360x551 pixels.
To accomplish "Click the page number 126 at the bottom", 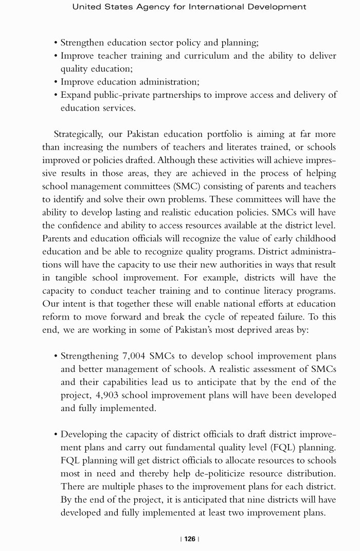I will pyautogui.click(x=190, y=539).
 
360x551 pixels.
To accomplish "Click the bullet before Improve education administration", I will pyautogui.click(x=56, y=82).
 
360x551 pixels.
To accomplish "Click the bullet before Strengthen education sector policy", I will pyautogui.click(x=56, y=43).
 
